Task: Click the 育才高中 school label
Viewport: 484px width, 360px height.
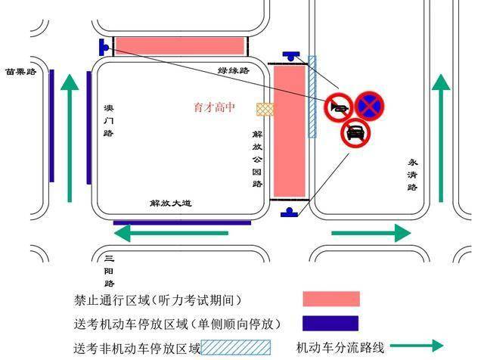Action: point(214,107)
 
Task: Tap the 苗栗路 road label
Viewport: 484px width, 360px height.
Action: point(21,72)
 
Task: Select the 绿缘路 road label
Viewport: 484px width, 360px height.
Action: point(234,70)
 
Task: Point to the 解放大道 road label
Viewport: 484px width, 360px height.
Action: point(171,203)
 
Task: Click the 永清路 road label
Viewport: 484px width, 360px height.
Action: point(412,175)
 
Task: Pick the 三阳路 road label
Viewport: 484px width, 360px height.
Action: point(109,271)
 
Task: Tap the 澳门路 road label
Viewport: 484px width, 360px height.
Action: point(109,121)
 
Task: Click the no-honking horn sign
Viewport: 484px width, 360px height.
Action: point(339,107)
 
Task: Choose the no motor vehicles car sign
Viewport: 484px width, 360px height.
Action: point(355,133)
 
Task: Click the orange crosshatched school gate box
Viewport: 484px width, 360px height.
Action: point(265,110)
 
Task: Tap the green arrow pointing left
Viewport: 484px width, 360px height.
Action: point(171,233)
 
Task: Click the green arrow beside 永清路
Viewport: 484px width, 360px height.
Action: point(441,138)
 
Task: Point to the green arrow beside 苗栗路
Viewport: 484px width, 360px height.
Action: point(70,138)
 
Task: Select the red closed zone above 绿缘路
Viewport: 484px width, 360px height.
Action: point(180,45)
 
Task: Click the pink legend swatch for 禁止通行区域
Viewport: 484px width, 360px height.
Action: point(331,299)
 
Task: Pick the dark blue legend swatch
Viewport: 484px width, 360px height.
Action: point(330,323)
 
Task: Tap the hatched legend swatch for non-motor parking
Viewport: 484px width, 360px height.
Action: point(236,348)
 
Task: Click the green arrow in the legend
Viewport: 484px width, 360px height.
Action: point(417,346)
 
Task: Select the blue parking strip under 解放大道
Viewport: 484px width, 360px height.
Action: point(182,222)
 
